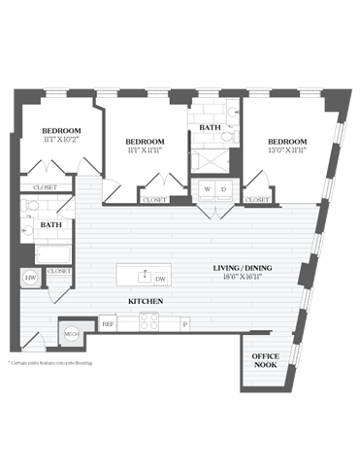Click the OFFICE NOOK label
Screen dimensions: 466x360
pyautogui.click(x=265, y=362)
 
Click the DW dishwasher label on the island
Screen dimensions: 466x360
pyautogui.click(x=161, y=279)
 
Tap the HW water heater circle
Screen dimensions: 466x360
pyautogui.click(x=29, y=278)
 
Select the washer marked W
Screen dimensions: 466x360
pyautogui.click(x=205, y=188)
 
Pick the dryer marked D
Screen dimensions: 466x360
pyautogui.click(x=223, y=188)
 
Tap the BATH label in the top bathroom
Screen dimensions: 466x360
pyautogui.click(x=210, y=127)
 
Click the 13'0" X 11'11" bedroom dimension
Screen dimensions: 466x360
pyautogui.click(x=287, y=150)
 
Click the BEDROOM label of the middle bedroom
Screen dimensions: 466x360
pyautogui.click(x=144, y=142)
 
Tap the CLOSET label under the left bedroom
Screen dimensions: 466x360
pyautogui.click(x=44, y=187)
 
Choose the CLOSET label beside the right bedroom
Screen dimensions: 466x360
pyautogui.click(x=256, y=200)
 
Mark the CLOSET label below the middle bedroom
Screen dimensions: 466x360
pyautogui.click(x=153, y=200)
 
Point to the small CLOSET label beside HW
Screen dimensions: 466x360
pyautogui.click(x=58, y=271)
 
